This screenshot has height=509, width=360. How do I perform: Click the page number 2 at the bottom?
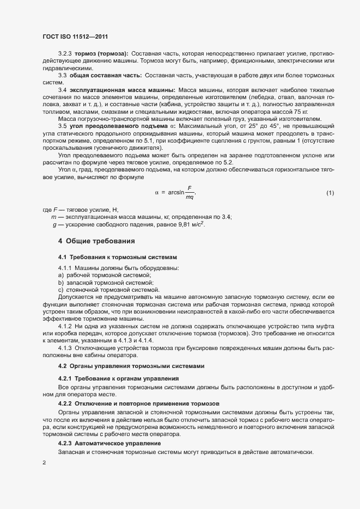[x=44, y=463]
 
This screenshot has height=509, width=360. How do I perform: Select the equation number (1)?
[x=330, y=193]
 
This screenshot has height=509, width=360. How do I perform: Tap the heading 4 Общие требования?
[x=93, y=241]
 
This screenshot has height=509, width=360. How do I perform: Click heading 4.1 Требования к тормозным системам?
[x=118, y=256]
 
